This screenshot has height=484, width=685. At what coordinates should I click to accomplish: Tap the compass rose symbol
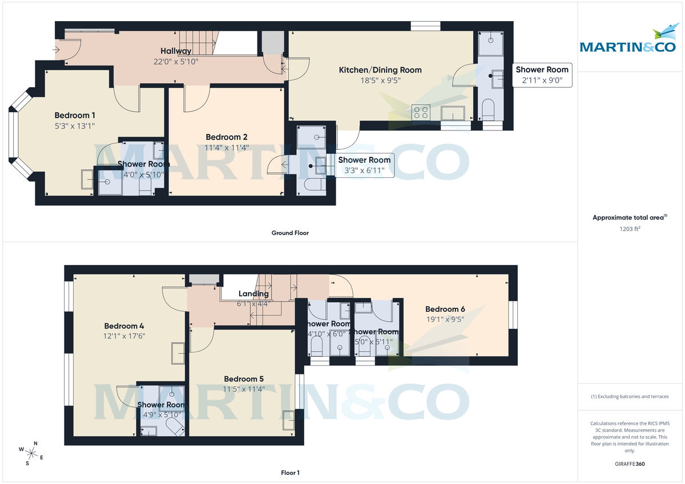(32, 453)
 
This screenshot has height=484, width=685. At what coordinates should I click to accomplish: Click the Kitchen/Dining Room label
(380, 70)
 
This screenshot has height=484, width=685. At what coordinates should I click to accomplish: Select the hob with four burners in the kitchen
(421, 112)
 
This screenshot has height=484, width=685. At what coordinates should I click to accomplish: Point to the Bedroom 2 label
(227, 137)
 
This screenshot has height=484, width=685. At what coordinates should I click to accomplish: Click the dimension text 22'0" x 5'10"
(176, 62)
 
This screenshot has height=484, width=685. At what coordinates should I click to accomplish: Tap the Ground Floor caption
(290, 233)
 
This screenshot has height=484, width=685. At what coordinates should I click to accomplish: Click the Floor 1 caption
(290, 473)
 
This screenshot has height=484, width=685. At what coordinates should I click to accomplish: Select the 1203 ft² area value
(630, 228)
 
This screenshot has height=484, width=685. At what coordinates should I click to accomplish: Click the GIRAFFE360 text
(630, 464)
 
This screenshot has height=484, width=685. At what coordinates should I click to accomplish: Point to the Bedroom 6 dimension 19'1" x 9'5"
(445, 320)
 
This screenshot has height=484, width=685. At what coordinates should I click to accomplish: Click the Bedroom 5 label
(244, 379)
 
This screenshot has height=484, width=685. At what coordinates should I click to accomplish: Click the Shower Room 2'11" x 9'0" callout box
(542, 75)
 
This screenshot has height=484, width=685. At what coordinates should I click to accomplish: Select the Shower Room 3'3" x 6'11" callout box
(364, 165)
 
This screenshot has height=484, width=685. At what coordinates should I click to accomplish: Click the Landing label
(253, 294)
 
